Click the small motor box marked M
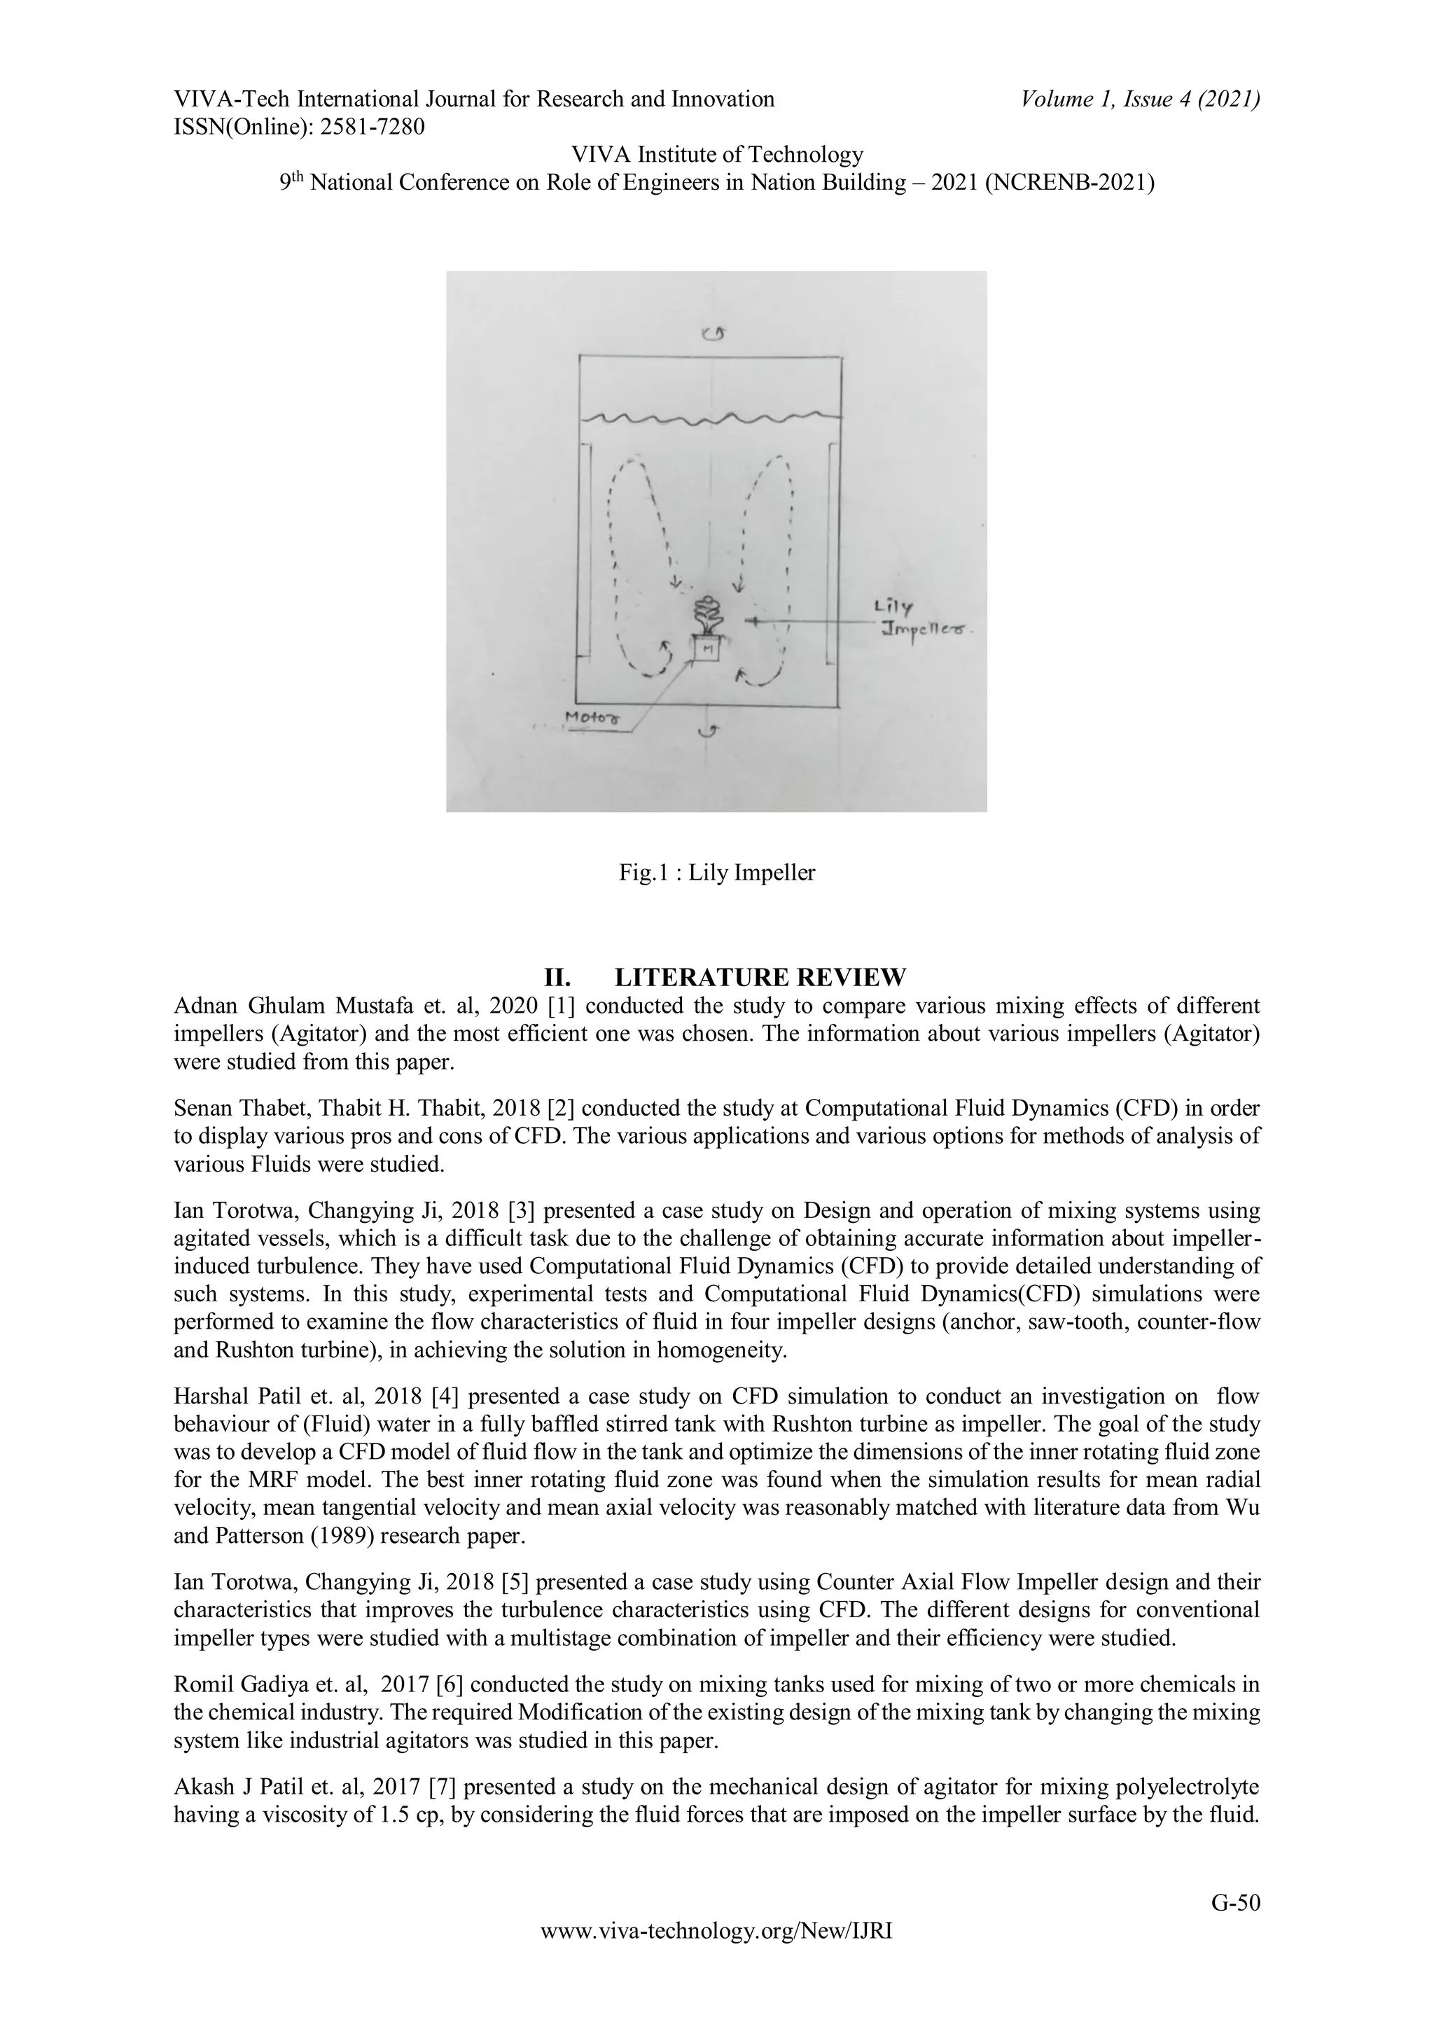(x=706, y=649)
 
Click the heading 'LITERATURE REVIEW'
(x=760, y=978)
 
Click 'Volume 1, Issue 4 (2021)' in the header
(x=1140, y=99)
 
